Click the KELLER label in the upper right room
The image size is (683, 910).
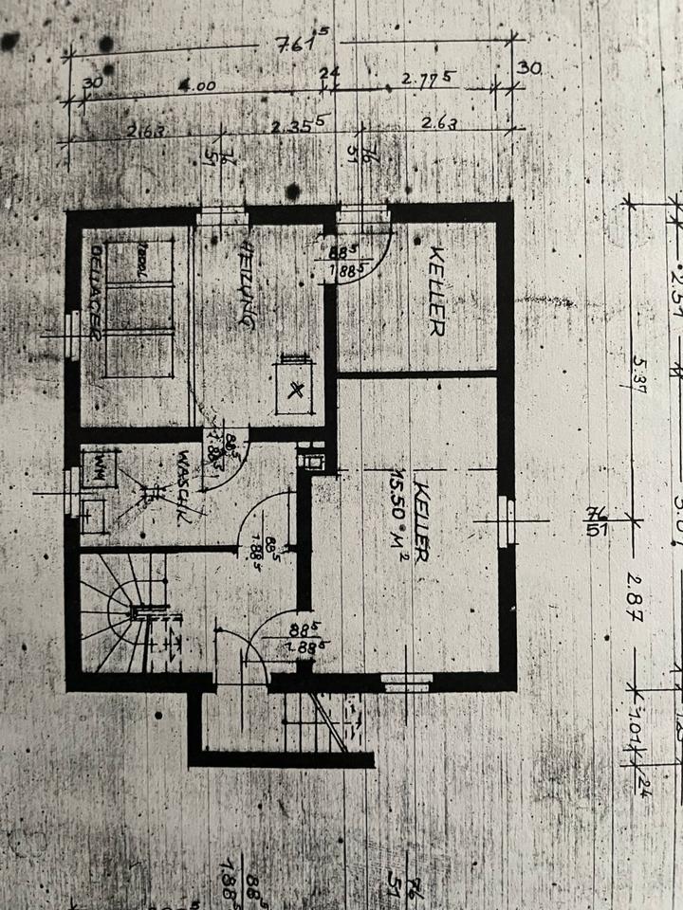click(x=436, y=290)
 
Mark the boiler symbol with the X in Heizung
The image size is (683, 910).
click(x=297, y=387)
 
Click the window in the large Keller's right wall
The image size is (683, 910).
click(x=508, y=520)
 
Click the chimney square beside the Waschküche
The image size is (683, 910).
click(x=312, y=459)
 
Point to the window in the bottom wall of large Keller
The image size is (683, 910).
click(x=407, y=680)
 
